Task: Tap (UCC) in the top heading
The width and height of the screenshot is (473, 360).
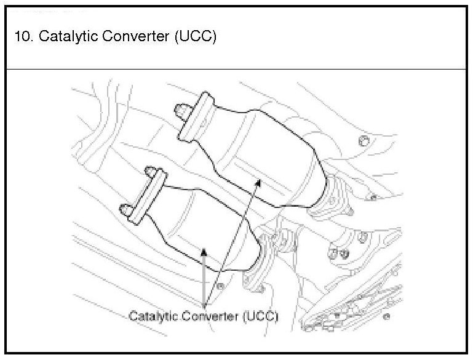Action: pos(195,36)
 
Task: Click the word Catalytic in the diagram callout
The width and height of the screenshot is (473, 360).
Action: pos(149,316)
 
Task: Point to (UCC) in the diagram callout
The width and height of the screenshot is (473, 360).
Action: pos(261,316)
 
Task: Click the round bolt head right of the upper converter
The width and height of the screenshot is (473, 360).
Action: pos(364,142)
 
